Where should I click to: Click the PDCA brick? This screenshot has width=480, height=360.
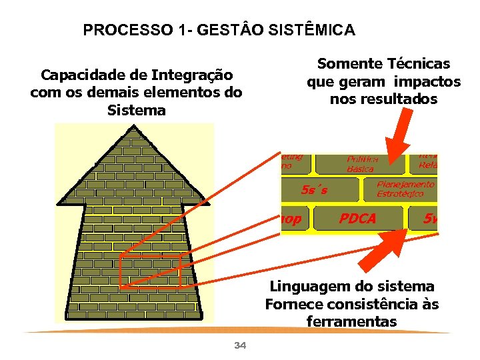pyautogui.click(x=358, y=219)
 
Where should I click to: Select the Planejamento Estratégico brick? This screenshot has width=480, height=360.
pyautogui.click(x=405, y=189)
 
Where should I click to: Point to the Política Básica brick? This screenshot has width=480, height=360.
pyautogui.click(x=363, y=163)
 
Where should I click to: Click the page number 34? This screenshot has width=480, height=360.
pyautogui.click(x=241, y=345)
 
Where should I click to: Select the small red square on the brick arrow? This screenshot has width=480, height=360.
pyautogui.click(x=150, y=271)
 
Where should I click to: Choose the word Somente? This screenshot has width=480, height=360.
pyautogui.click(x=345, y=64)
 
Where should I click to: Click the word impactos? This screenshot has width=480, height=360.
pyautogui.click(x=427, y=81)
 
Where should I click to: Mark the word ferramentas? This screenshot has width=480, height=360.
pyautogui.click(x=351, y=322)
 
